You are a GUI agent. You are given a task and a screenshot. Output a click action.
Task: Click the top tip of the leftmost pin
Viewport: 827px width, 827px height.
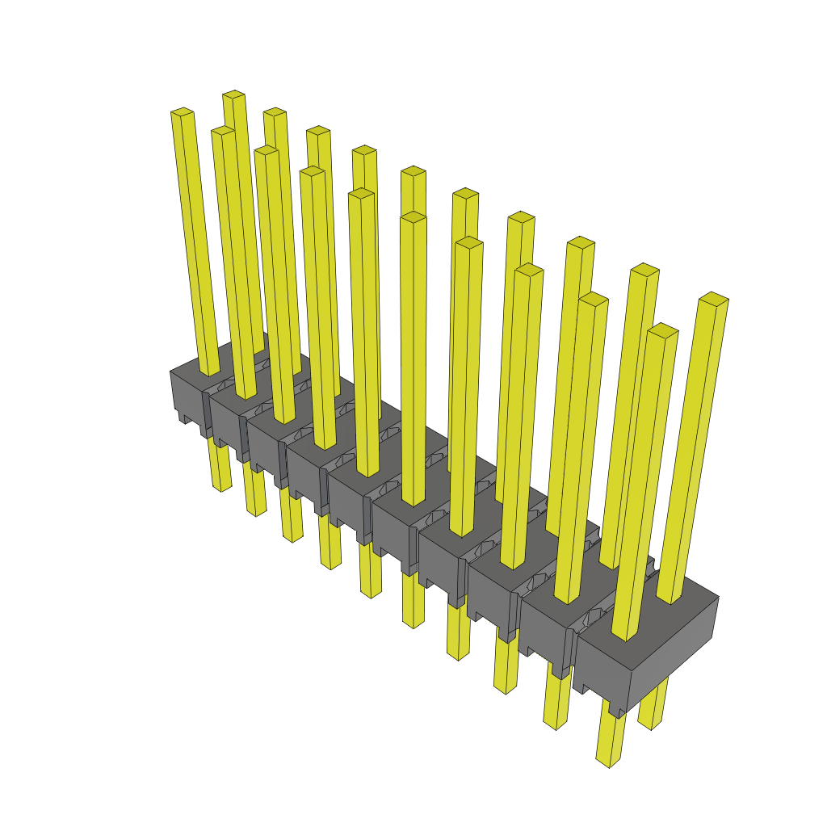(182, 112)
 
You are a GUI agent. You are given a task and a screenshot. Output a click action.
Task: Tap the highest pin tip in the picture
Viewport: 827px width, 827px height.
(233, 94)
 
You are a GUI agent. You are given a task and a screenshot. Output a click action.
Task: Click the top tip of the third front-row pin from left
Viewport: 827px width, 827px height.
(266, 150)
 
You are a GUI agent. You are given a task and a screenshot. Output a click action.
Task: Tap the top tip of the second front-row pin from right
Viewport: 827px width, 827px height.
(594, 299)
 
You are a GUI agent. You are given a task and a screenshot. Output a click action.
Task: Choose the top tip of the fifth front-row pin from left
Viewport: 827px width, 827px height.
(361, 194)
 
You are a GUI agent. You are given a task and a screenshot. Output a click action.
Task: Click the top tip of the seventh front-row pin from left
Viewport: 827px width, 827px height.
(468, 242)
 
